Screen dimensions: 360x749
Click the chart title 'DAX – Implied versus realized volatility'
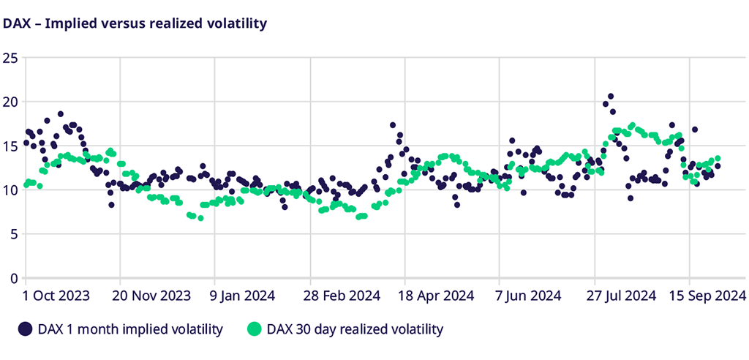coord(135,23)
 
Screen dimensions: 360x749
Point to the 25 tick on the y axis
coord(10,58)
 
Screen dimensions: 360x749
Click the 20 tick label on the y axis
coord(10,102)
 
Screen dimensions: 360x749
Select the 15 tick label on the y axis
coord(10,146)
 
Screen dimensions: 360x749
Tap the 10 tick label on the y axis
coord(10,190)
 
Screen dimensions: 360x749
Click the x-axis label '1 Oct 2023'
coord(56,296)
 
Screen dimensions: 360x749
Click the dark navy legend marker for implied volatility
coord(26,329)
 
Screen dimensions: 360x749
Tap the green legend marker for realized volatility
coord(254,329)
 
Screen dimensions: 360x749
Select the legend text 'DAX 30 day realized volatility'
coord(355,329)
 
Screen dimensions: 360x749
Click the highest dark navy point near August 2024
coord(611,97)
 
